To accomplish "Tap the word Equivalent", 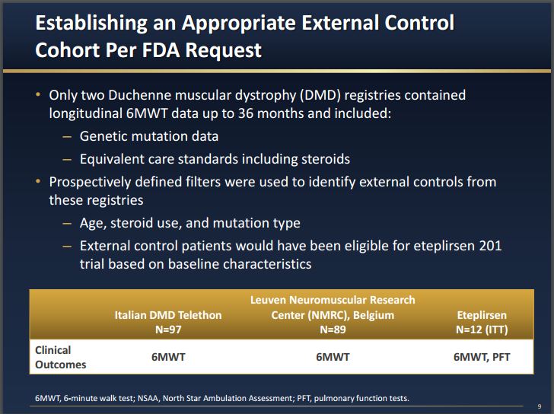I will pos(113,159).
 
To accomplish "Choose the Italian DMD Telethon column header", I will pos(167,315).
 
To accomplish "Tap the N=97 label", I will pos(167,330).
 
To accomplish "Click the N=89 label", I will pos(333,330).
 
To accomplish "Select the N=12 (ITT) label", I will pos(481,330).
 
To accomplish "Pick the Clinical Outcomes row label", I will pos(60,357).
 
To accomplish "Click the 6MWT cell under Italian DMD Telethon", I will pos(167,357).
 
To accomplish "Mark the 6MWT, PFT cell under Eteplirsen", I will pos(481,357).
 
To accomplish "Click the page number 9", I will pos(539,406).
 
